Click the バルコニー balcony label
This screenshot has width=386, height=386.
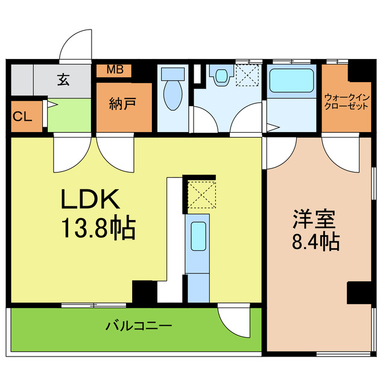pyautogui.click(x=139, y=327)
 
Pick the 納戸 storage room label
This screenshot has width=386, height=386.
pyautogui.click(x=122, y=103)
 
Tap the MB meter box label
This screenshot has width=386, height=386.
pyautogui.click(x=115, y=69)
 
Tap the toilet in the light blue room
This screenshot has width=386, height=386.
pyautogui.click(x=173, y=89)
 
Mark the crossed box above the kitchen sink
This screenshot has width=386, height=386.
pyautogui.click(x=199, y=194)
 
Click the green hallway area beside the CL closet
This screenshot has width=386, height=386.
pyautogui.click(x=69, y=116)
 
